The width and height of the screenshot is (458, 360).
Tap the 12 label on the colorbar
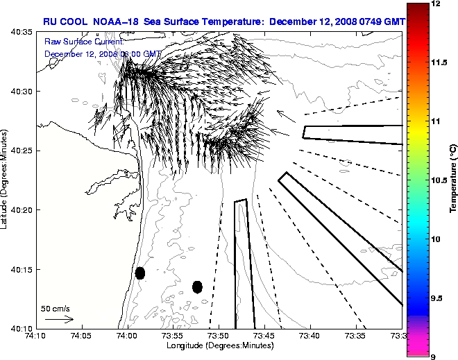click(x=436, y=4)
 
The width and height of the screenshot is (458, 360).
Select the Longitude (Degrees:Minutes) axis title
click(x=219, y=345)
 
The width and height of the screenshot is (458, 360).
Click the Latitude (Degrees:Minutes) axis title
click(x=6, y=180)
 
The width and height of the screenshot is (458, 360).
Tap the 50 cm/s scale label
click(x=55, y=308)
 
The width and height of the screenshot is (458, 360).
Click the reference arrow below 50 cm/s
click(x=59, y=319)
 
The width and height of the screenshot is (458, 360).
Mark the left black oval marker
click(x=140, y=273)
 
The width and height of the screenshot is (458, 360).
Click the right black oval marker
click(x=197, y=286)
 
